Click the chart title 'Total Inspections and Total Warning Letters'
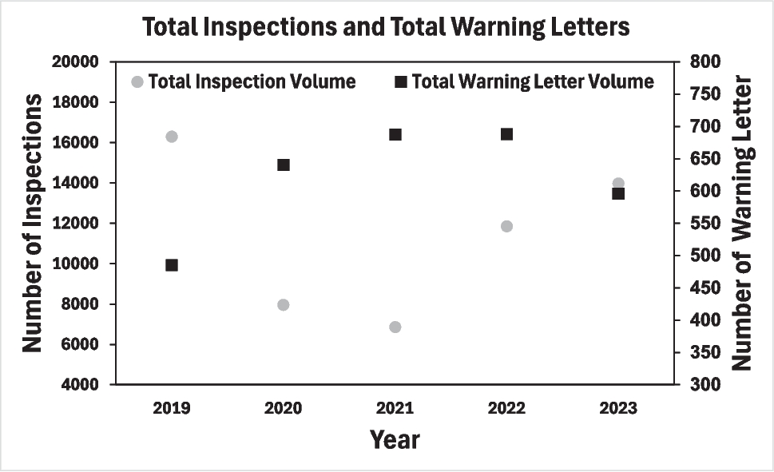pyautogui.click(x=387, y=27)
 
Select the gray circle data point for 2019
pyautogui.click(x=171, y=137)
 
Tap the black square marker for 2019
pyautogui.click(x=171, y=264)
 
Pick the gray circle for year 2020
pyautogui.click(x=283, y=304)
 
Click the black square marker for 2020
pyautogui.click(x=283, y=165)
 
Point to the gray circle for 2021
pyautogui.click(x=395, y=327)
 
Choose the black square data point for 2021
pyautogui.click(x=395, y=134)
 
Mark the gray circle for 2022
pyautogui.click(x=506, y=226)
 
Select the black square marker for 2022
pyautogui.click(x=506, y=134)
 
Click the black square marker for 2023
pyautogui.click(x=618, y=193)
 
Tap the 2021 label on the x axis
pyautogui.click(x=395, y=409)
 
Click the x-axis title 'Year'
pyautogui.click(x=395, y=439)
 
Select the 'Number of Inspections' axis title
pyautogui.click(x=32, y=223)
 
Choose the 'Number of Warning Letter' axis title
pyautogui.click(x=743, y=223)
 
